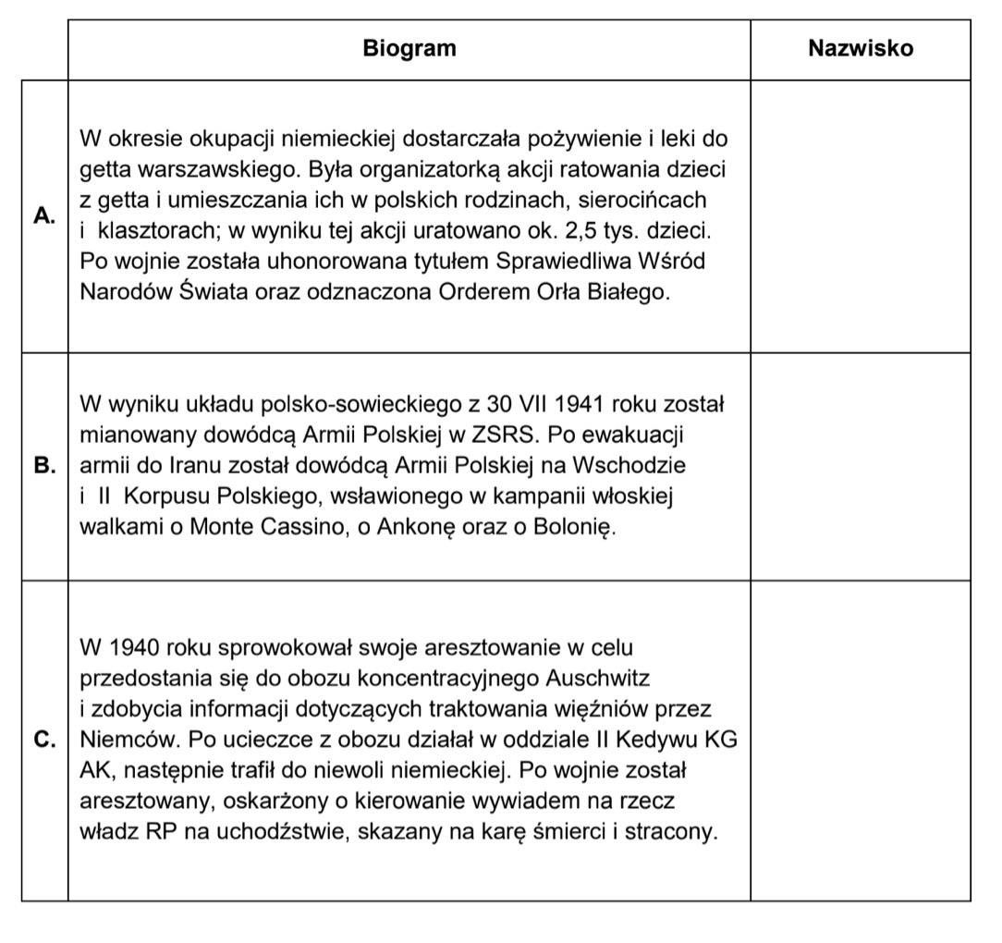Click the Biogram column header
pyautogui.click(x=409, y=49)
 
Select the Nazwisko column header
pyautogui.click(x=860, y=49)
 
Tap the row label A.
pyautogui.click(x=44, y=215)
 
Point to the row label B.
pyautogui.click(x=44, y=466)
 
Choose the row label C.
pyautogui.click(x=44, y=741)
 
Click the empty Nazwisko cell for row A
pyautogui.click(x=860, y=215)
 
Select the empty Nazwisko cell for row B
pyautogui.click(x=860, y=466)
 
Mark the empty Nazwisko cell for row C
pyautogui.click(x=860, y=741)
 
